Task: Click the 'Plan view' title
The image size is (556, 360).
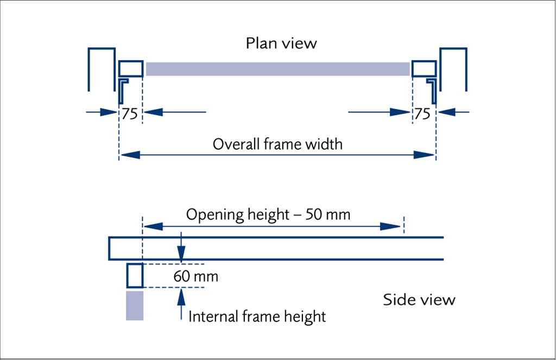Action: [x=281, y=43]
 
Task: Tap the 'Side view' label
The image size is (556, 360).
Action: [x=419, y=299]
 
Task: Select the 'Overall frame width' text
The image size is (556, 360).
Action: [x=277, y=144]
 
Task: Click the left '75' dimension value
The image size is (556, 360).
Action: [x=129, y=113]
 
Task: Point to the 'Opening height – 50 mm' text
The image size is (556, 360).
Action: [x=268, y=214]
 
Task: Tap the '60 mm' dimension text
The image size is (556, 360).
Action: [x=196, y=276]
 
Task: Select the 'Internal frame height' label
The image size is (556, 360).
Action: [x=257, y=315]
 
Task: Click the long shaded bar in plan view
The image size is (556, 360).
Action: [x=277, y=69]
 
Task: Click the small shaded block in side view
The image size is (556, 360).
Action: [x=135, y=306]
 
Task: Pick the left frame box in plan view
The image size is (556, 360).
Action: [x=131, y=68]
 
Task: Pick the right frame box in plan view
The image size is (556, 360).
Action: [x=424, y=68]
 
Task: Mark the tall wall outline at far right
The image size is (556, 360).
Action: [x=453, y=68]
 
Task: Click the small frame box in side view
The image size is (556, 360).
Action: [x=135, y=275]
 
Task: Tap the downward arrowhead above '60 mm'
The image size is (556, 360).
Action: [x=181, y=255]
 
